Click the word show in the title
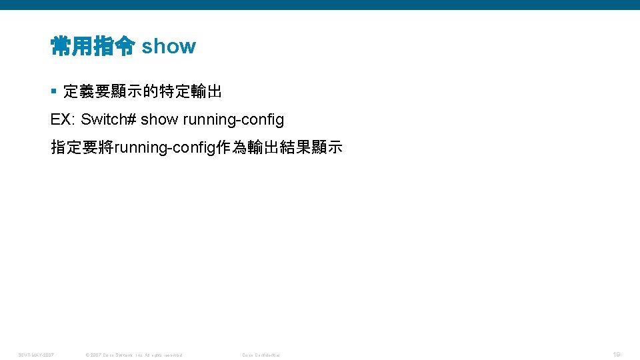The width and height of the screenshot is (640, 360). [169, 47]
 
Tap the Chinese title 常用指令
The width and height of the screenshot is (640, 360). [93, 47]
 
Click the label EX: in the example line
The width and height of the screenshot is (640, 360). [63, 119]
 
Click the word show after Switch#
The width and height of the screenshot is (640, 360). [159, 119]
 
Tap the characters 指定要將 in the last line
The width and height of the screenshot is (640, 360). [82, 147]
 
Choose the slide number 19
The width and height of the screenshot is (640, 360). [617, 355]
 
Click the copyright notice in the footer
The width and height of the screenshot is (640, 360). [134, 355]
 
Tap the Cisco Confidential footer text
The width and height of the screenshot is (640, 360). [261, 355]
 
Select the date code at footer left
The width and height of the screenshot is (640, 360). [36, 355]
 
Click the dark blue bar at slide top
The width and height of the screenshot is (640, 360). [320, 5]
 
